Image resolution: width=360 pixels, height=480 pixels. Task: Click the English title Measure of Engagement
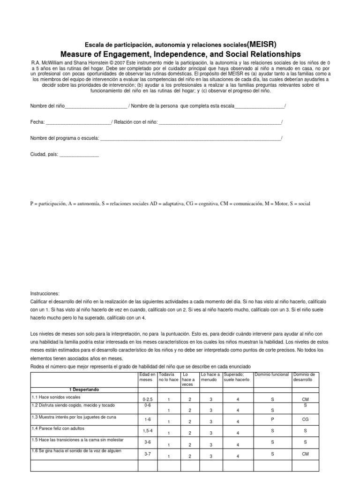click(180, 54)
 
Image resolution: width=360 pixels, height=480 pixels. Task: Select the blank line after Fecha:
click(78, 123)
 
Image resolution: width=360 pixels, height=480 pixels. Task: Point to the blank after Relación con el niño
click(220, 123)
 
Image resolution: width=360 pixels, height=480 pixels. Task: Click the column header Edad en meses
click(146, 377)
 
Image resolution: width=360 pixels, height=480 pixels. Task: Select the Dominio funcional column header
click(271, 375)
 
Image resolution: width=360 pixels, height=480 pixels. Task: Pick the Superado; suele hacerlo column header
click(237, 377)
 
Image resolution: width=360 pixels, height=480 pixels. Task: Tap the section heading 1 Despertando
click(85, 390)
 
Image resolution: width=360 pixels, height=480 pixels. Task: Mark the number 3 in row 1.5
click(211, 445)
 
